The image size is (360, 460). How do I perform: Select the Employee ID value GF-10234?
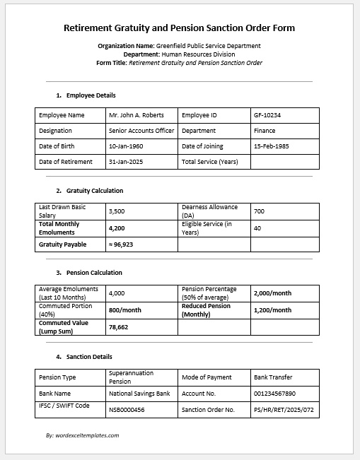click(x=267, y=114)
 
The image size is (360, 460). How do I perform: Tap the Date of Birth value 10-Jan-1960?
click(x=127, y=146)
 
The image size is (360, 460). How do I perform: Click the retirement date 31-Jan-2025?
click(x=127, y=162)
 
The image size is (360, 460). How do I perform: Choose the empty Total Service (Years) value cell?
click(x=284, y=162)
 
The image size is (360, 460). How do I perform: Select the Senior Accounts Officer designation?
click(x=141, y=131)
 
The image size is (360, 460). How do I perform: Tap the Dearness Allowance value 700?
click(x=259, y=211)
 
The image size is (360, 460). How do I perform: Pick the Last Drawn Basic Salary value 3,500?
click(x=117, y=211)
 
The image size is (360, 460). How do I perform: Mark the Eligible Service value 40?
click(x=257, y=228)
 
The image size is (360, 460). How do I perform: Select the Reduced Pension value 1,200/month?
click(x=272, y=310)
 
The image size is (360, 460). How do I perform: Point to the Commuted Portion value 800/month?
click(x=125, y=310)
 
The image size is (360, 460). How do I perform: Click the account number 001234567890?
click(x=274, y=393)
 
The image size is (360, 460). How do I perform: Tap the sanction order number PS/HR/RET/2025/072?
click(x=283, y=409)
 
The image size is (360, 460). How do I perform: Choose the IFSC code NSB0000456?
click(x=127, y=409)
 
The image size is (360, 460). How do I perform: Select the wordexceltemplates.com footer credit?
click(x=82, y=435)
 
